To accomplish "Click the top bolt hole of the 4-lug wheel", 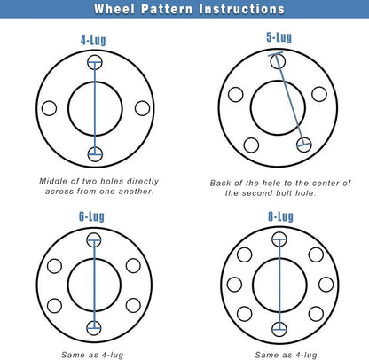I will coord(95,63).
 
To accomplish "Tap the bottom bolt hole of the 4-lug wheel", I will coord(95,154).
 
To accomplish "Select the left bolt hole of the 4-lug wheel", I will coord(49,108).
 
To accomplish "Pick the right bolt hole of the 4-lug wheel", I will coord(141,108).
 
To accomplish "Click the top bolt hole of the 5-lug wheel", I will coord(279,61).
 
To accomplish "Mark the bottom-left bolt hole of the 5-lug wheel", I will coord(251,145).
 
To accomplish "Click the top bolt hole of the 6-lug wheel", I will coord(95,239).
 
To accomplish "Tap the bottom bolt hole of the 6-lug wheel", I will coord(95,327).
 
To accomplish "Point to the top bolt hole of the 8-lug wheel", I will coord(279,239).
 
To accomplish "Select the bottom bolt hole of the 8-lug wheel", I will coord(279,329).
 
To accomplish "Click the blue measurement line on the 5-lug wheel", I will coord(292,102).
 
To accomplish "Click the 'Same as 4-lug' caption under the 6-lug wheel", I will coord(95,354).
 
